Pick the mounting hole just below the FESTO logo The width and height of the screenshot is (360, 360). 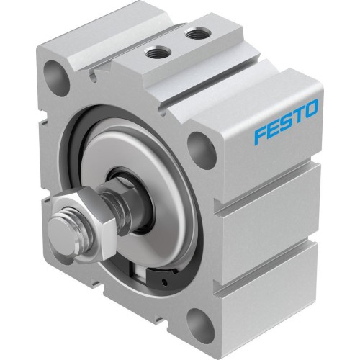click(x=200, y=150)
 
